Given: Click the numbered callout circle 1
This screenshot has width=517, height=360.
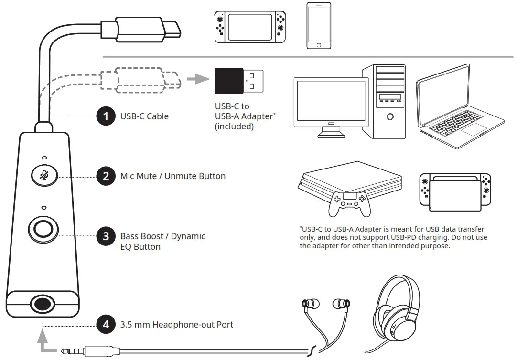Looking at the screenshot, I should [106, 116].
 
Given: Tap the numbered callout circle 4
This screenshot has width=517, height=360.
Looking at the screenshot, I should [106, 325].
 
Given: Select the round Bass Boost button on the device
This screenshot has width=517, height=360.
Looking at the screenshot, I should [44, 230].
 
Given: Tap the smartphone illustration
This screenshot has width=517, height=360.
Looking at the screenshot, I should [319, 25].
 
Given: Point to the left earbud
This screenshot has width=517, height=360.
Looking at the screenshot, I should [308, 304].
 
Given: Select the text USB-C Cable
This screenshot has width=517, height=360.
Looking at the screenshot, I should [144, 116].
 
